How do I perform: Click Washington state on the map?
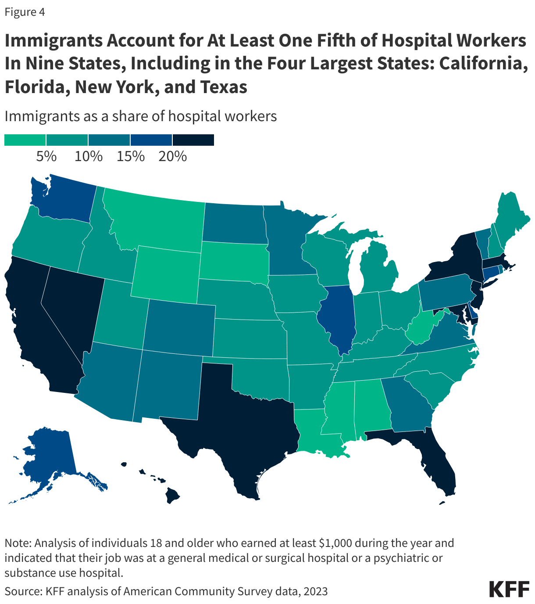(x=66, y=198)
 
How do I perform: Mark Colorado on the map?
(x=180, y=325)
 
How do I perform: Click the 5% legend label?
(x=46, y=156)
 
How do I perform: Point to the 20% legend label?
(x=172, y=156)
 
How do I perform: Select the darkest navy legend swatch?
(x=193, y=140)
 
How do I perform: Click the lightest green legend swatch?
(x=25, y=140)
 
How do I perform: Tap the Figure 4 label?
(x=25, y=12)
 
